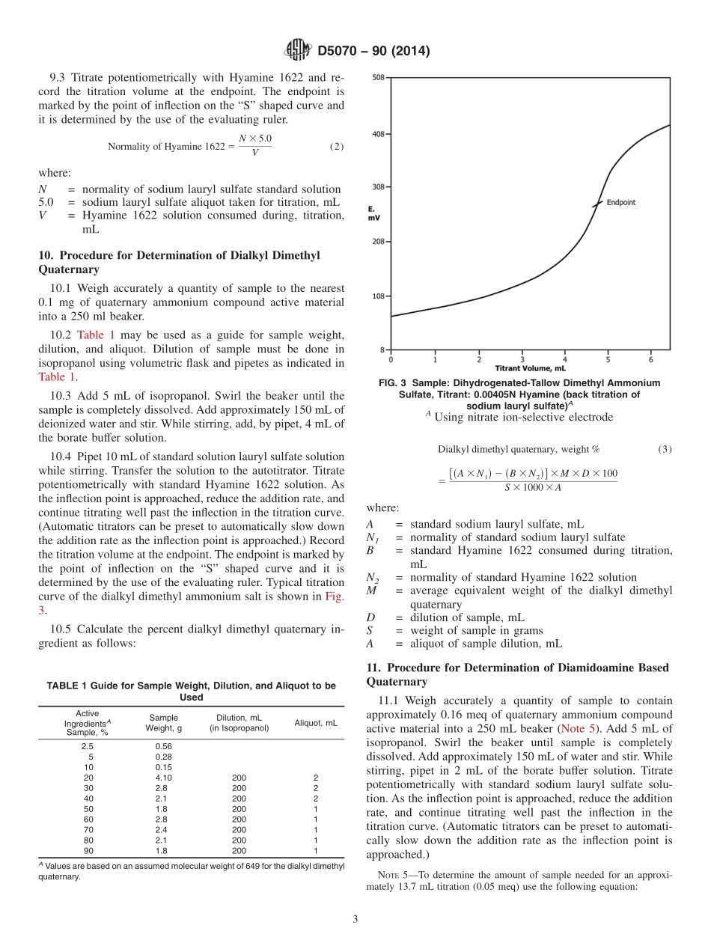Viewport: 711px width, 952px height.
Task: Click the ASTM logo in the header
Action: [298, 51]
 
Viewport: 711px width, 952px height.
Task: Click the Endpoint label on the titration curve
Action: [621, 202]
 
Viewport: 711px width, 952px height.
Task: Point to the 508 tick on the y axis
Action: [379, 78]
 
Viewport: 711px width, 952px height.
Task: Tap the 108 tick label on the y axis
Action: [379, 296]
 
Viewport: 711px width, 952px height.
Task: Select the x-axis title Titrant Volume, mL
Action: [530, 368]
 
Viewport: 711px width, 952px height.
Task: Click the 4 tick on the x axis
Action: [565, 360]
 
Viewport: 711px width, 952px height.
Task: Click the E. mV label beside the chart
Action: [373, 213]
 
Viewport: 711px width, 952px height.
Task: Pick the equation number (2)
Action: [337, 147]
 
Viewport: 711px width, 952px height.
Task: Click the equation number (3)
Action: [665, 449]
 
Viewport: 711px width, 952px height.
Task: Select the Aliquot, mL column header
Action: [315, 723]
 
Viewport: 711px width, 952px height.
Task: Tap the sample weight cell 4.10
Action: [163, 778]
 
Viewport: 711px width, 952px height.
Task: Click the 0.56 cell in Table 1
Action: [163, 746]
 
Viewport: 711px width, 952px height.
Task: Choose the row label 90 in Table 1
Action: [88, 851]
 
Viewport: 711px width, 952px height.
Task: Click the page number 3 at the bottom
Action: [355, 919]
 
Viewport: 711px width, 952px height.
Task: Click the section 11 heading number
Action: [373, 668]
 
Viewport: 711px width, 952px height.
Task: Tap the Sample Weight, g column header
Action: [163, 723]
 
